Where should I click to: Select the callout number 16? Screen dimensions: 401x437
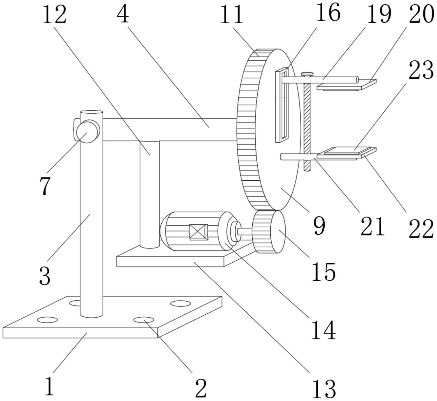tap(328, 12)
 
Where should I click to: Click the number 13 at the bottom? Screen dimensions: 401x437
tap(324, 388)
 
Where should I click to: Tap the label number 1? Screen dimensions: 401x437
tap(49, 386)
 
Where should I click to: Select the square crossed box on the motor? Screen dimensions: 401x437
tap(198, 232)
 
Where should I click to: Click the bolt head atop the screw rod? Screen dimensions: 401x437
tap(307, 74)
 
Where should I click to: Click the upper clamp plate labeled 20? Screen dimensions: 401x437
tap(347, 85)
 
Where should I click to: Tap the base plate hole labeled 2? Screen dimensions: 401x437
tap(144, 320)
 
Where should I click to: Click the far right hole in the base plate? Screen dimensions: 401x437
tap(181, 304)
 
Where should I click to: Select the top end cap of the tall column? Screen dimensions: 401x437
tap(91, 112)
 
